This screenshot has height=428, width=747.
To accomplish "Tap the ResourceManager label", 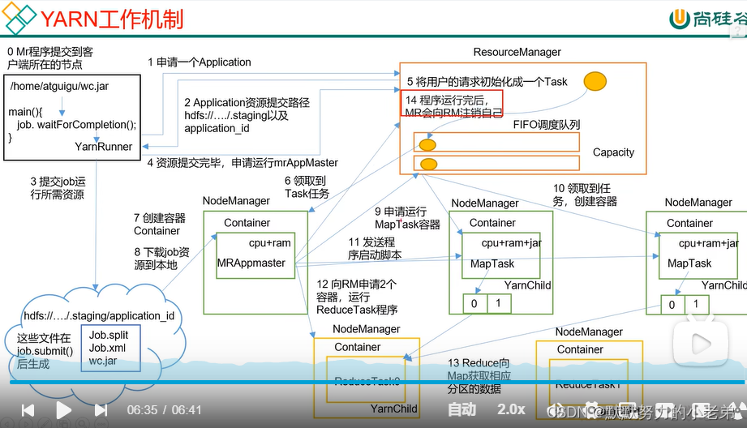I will coord(517,52).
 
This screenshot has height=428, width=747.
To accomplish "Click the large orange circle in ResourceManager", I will coord(595,82).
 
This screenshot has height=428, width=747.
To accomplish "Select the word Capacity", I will coord(613,152).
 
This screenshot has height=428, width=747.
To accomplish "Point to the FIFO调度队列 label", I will coord(546,125).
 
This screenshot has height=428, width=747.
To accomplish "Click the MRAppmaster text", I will coord(251,263).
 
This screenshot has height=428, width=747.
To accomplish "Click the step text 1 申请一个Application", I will coord(200,62).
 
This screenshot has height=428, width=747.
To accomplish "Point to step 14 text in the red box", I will coord(455,105).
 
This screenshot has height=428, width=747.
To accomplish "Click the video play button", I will coord(63,410).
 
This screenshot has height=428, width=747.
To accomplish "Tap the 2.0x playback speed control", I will coord(511,409).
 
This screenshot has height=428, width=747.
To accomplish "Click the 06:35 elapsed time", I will coord(142,410).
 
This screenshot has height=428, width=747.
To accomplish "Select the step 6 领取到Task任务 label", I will coord(307,187).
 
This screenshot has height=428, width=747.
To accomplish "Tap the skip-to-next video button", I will coord(101,410).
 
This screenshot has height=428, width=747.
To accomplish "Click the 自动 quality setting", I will coord(462,409).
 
